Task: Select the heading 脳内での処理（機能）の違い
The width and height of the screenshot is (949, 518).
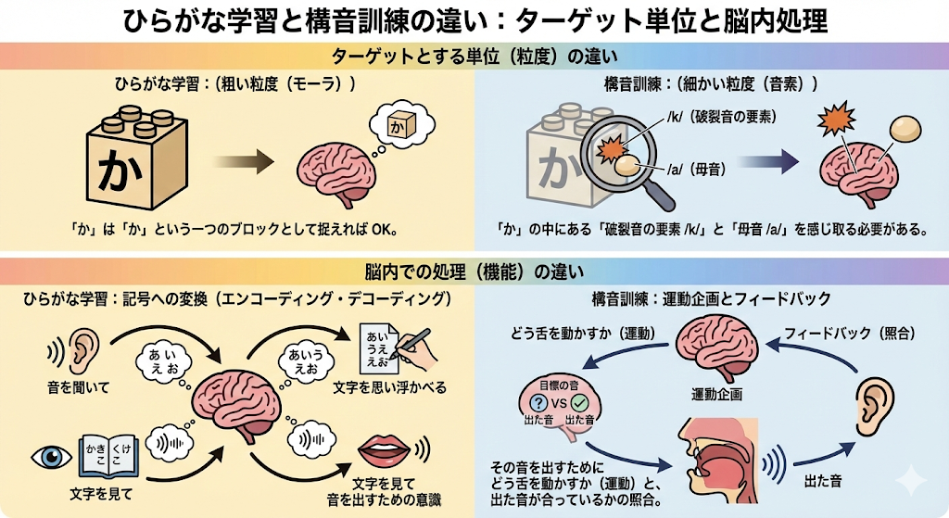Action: tap(474, 272)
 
